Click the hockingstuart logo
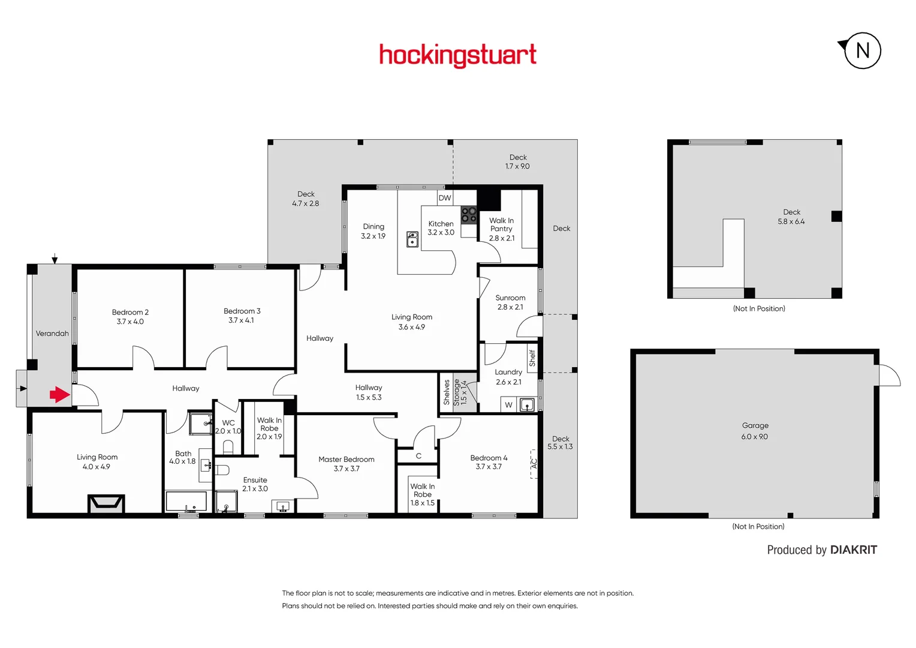tap(457, 55)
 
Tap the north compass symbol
tap(862, 50)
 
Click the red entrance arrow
tap(59, 394)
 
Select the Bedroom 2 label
tap(130, 312)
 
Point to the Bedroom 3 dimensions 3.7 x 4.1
tap(241, 320)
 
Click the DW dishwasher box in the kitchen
tap(444, 198)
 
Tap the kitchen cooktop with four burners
tap(469, 215)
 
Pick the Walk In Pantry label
tap(501, 224)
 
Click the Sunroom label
tap(510, 298)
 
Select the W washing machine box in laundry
tap(508, 405)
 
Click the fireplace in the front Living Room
tap(106, 503)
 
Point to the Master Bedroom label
tap(346, 459)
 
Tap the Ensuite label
tap(255, 480)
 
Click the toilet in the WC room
tap(228, 446)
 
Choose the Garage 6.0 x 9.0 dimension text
tap(754, 437)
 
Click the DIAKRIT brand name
tap(853, 550)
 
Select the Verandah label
tap(52, 334)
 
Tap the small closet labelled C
tap(418, 456)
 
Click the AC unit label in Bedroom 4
tap(534, 464)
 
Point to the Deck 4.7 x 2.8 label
tap(306, 199)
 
